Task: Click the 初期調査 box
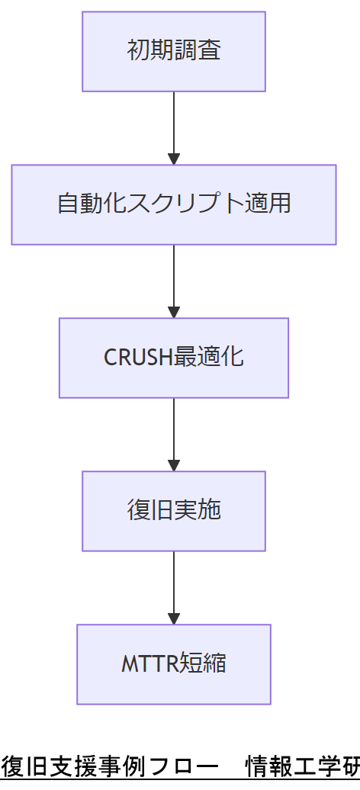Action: click(174, 51)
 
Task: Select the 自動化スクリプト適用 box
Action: click(174, 204)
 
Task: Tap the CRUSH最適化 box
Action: click(174, 358)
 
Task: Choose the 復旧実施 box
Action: click(174, 511)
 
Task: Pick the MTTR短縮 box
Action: click(174, 664)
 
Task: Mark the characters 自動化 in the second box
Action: click(92, 204)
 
